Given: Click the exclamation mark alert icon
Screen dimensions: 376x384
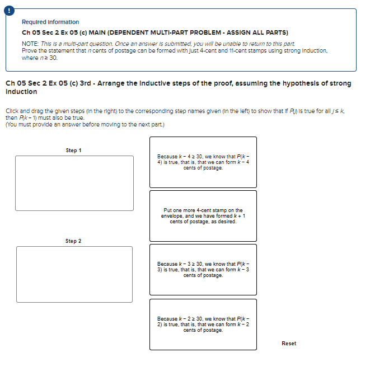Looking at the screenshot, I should [8, 8].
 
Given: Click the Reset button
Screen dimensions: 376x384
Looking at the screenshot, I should [289, 343].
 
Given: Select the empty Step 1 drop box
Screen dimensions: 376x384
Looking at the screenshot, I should [74, 183].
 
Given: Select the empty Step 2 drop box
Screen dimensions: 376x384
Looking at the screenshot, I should [74, 274].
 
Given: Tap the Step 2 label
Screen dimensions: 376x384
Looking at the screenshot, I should [73, 241].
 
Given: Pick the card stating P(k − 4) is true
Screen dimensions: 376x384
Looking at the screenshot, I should [203, 162].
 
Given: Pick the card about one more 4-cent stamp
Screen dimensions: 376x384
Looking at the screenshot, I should [203, 216].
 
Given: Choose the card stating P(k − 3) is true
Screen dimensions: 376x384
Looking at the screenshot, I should [203, 269].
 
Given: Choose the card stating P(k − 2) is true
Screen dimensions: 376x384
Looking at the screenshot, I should [203, 324].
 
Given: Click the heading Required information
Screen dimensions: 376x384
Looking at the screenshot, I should [50, 22].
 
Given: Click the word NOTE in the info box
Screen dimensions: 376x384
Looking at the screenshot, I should [30, 44].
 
